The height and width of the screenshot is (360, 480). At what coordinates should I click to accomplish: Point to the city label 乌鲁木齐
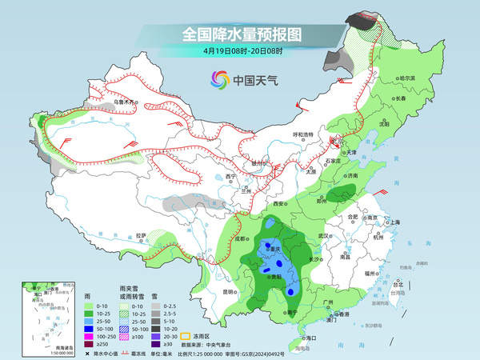tap(123, 103)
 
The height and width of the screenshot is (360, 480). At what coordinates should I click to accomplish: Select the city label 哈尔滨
tap(408, 78)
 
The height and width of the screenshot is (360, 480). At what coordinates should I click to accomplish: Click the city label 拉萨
tap(142, 235)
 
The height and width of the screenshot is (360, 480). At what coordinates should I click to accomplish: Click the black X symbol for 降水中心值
tap(86, 352)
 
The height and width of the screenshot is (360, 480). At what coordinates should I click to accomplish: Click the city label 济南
tap(353, 175)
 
